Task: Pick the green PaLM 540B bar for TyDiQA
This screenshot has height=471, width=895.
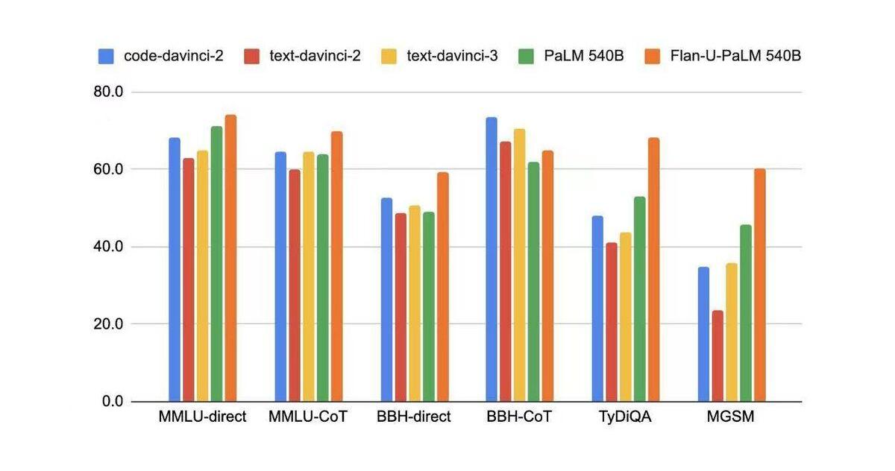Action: point(639,299)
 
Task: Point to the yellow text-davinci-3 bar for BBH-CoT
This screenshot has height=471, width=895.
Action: point(520,265)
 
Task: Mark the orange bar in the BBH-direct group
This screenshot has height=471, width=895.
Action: point(443,287)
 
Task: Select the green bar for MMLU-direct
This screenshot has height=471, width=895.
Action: point(216,264)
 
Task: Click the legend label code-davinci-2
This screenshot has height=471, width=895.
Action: point(174,56)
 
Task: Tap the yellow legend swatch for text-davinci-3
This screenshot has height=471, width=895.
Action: point(388,56)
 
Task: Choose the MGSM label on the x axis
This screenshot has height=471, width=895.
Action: point(731,417)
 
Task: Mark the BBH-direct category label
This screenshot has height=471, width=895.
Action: point(414,417)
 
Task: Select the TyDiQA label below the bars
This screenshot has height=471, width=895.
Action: point(625,417)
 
